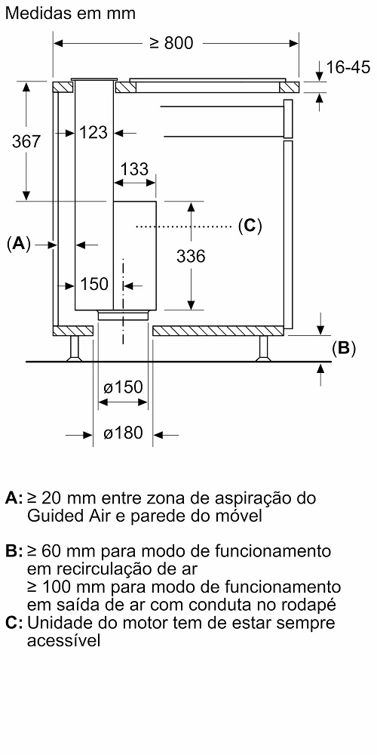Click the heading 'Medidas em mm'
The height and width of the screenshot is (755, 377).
(70, 14)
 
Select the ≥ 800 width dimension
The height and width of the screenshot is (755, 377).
(171, 43)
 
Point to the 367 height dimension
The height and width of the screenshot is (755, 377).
(27, 141)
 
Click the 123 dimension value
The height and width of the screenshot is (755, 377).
(93, 132)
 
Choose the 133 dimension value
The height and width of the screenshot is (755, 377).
(135, 169)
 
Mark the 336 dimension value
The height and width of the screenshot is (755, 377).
(191, 256)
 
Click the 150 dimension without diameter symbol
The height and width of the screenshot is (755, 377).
(93, 284)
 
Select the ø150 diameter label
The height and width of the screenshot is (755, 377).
(124, 387)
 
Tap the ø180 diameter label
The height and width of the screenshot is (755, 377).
(124, 433)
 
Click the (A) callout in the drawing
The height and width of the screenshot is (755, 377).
(19, 243)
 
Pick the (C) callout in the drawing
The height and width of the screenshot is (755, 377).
(250, 225)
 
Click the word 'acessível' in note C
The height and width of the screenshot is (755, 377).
(64, 640)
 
